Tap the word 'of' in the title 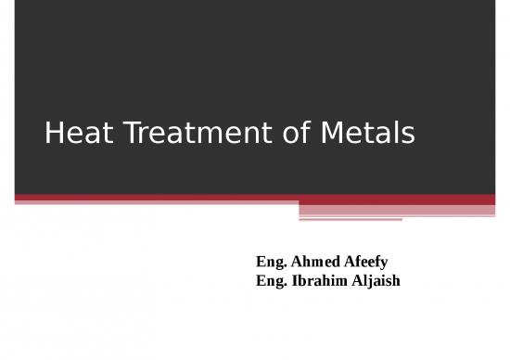[x=288, y=135]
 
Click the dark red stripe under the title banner [x=255, y=198]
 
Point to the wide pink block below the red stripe [x=397, y=210]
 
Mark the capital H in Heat [x=52, y=135]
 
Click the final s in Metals [x=407, y=137]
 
